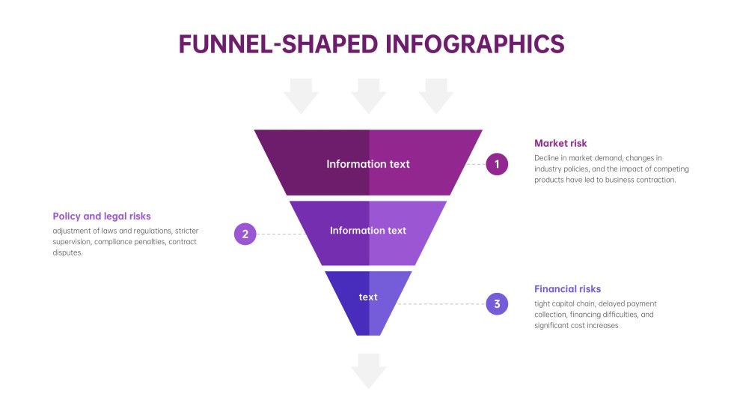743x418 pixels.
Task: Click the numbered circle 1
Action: coord(497,164)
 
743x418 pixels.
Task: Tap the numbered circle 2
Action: coord(245,234)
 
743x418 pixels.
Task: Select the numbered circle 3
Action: coord(497,304)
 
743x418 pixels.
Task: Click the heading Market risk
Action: coord(560,143)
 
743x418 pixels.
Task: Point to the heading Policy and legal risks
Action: coord(102,216)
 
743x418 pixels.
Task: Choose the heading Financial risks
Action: coord(567,289)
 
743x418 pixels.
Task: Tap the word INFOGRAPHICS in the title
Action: coord(474,43)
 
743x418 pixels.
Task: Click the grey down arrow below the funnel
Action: coord(368,371)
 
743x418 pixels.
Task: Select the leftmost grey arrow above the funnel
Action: coord(301,95)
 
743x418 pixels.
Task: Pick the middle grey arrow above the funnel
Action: coord(368,95)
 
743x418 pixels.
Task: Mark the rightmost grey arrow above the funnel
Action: coord(436,95)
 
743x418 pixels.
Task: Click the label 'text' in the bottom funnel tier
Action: coord(368,297)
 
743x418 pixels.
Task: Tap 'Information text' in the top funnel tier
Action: coord(368,164)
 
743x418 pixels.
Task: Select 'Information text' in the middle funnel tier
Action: coord(368,231)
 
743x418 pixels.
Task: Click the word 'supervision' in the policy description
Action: coord(73,242)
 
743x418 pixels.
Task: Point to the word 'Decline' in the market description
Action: coord(548,158)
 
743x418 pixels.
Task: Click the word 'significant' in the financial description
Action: coord(554,326)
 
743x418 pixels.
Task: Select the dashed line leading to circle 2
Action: coord(281,234)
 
